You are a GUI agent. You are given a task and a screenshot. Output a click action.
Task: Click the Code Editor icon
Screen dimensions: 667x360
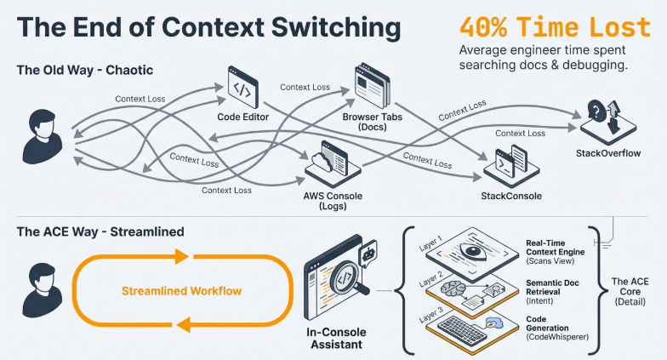[243, 87]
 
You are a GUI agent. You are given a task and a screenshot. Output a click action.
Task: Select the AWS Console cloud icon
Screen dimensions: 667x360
[322, 162]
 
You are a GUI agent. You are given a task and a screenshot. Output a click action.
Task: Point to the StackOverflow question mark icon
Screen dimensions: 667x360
[596, 111]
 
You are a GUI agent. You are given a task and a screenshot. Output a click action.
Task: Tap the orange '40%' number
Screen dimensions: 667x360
[483, 27]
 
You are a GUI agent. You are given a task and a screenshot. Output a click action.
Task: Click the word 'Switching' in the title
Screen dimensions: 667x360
[336, 27]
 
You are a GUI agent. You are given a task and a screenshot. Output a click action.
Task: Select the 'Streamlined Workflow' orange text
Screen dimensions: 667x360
[182, 291]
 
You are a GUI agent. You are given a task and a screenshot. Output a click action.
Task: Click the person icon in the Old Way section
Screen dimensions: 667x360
[43, 136]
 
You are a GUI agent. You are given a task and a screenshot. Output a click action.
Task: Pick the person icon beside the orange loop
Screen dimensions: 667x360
[43, 290]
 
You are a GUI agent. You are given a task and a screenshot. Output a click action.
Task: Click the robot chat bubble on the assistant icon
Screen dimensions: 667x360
[368, 254]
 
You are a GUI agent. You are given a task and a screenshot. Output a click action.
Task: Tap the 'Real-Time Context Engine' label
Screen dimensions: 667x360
[555, 247]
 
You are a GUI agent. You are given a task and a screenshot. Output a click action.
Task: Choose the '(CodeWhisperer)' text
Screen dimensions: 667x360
[557, 337]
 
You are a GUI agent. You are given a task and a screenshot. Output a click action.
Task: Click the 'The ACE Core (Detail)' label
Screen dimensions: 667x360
[630, 291]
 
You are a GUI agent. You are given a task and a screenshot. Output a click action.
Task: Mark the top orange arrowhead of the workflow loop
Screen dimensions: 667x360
[182, 256]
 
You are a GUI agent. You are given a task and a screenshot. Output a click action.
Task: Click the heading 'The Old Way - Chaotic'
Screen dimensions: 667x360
[85, 70]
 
